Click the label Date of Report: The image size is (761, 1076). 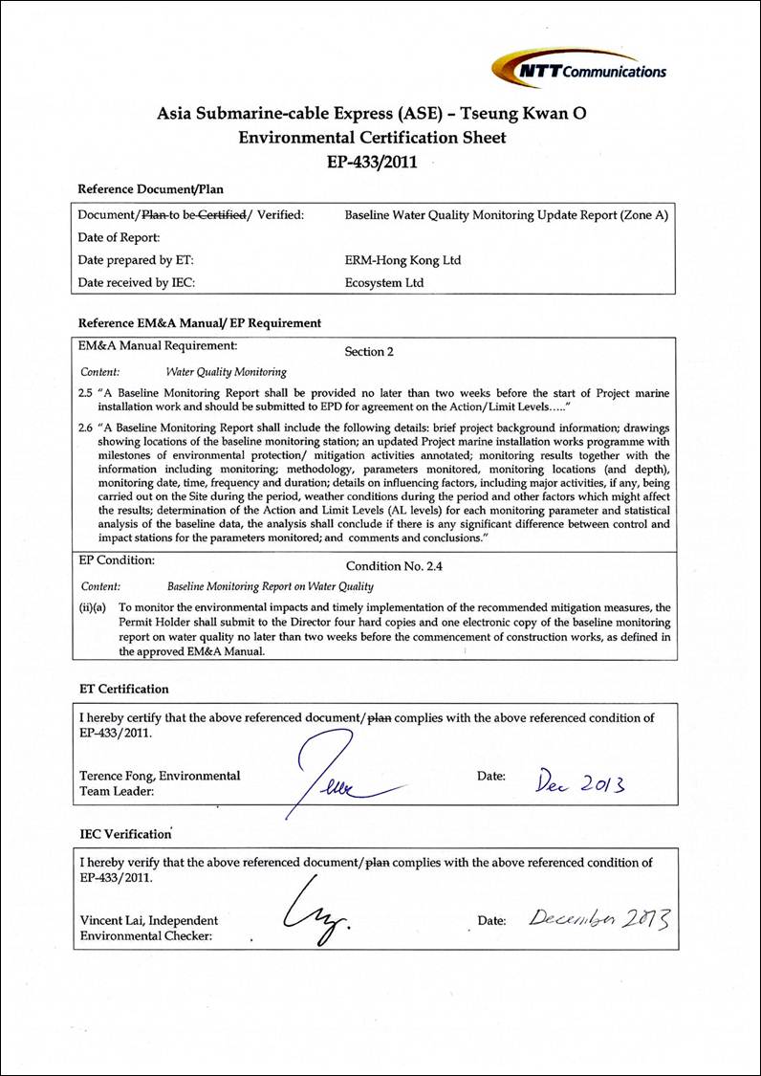pos(119,237)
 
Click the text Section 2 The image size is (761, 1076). pos(369,351)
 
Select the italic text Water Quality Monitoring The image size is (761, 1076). pos(226,372)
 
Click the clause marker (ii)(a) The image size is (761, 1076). pos(94,607)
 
